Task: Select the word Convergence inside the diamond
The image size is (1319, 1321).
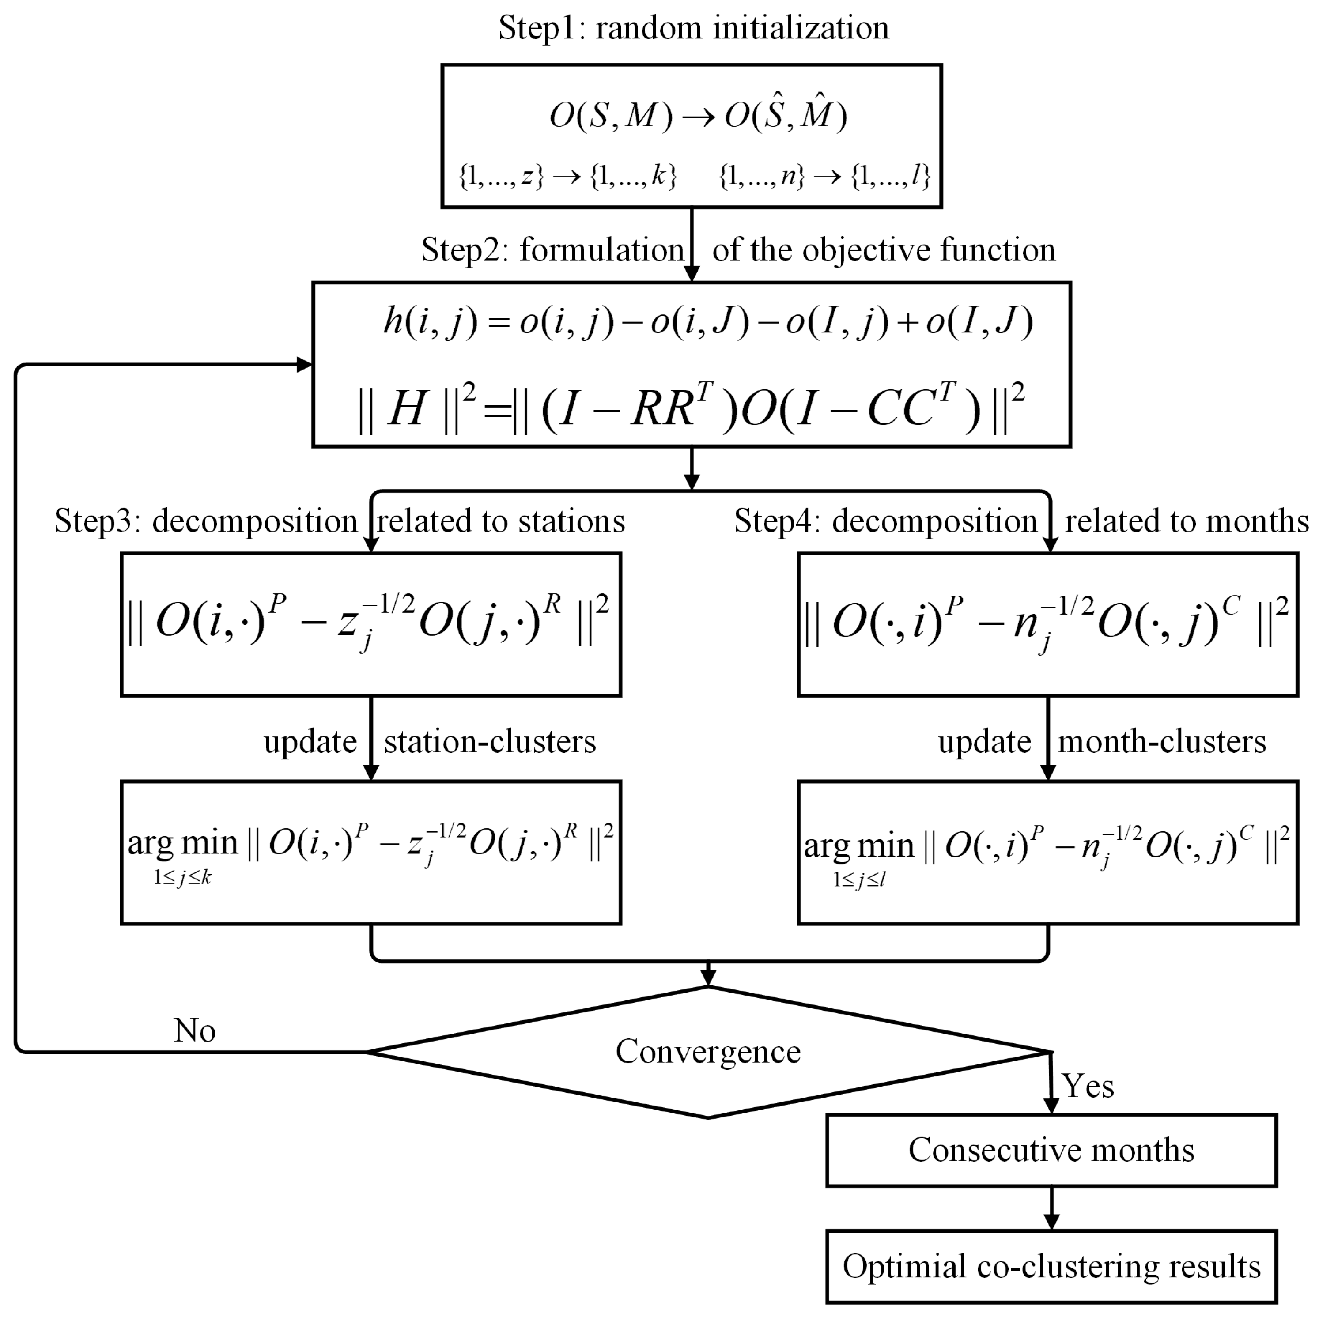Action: point(708,1052)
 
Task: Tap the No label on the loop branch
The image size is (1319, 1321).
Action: point(195,1030)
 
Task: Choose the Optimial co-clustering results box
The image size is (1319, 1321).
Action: point(1051,1266)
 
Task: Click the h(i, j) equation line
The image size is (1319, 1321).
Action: point(708,321)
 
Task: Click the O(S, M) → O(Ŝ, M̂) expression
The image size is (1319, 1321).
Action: point(697,115)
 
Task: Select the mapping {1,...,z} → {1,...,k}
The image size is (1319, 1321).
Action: point(567,177)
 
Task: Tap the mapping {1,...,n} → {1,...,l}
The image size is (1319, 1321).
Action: point(824,177)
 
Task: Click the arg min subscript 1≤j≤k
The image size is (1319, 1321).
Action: point(182,878)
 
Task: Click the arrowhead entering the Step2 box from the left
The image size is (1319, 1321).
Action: point(304,364)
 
